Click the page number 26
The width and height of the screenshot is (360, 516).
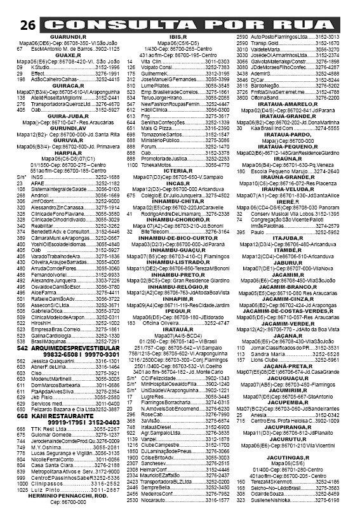pyautogui.click(x=26, y=25)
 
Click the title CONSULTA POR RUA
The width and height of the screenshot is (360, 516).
pyautogui.click(x=193, y=24)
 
